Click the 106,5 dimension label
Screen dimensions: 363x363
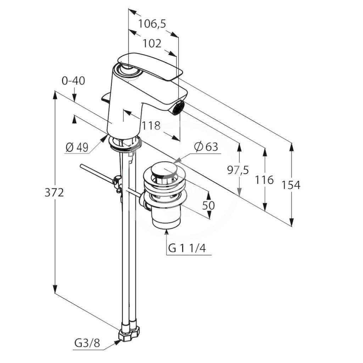152,24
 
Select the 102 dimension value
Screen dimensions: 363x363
152,43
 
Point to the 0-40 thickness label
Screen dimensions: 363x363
73,81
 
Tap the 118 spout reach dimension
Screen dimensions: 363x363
151,126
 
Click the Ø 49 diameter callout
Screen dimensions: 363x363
77,147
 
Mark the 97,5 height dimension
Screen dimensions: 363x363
238,171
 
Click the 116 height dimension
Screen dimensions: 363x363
264,180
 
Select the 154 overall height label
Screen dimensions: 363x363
291,185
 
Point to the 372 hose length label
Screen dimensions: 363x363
54,192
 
